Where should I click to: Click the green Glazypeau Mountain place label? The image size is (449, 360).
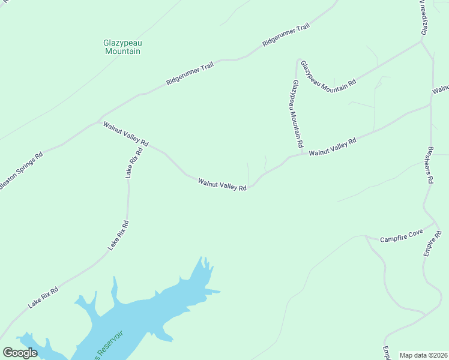pyautogui.click(x=122, y=47)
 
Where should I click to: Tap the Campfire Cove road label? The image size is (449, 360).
pyautogui.click(x=402, y=236)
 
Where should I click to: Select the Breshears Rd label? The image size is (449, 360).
pyautogui.click(x=429, y=166)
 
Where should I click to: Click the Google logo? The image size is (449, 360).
pyautogui.click(x=20, y=352)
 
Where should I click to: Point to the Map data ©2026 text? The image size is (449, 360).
pyautogui.click(x=423, y=355)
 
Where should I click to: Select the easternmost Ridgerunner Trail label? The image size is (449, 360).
pyautogui.click(x=285, y=35)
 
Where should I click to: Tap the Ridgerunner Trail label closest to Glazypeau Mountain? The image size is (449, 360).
pyautogui.click(x=190, y=73)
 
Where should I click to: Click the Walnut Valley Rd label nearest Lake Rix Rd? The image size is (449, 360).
pyautogui.click(x=125, y=134)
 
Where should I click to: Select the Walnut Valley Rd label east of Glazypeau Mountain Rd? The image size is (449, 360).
pyautogui.click(x=333, y=147)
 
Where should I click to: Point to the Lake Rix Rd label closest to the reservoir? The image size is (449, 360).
pyautogui.click(x=43, y=298)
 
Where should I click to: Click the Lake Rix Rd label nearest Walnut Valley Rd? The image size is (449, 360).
pyautogui.click(x=134, y=163)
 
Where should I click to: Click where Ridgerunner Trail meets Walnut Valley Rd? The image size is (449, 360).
pyautogui.click(x=99, y=120)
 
